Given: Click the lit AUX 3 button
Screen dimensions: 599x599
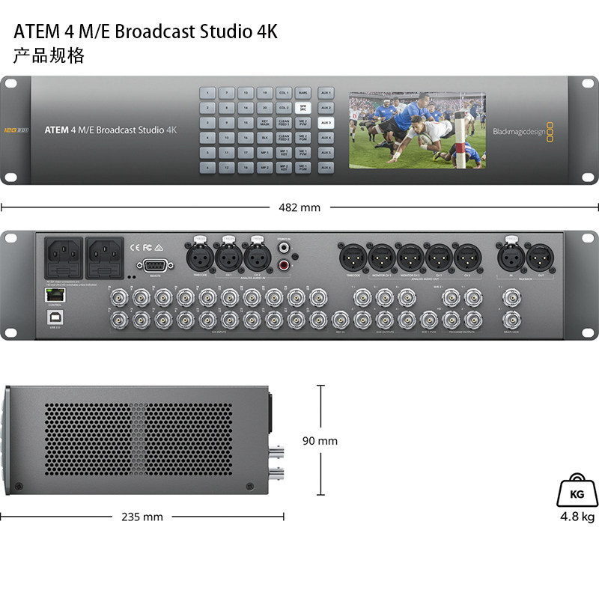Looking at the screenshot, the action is [x=325, y=123].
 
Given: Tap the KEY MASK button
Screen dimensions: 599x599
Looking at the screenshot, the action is [x=264, y=123].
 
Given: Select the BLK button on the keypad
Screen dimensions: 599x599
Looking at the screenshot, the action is [x=264, y=138].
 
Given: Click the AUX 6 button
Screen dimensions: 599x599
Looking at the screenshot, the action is [x=325, y=168].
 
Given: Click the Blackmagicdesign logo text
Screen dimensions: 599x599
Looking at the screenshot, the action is [x=518, y=133].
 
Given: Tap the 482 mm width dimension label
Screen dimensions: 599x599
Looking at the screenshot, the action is [x=299, y=207].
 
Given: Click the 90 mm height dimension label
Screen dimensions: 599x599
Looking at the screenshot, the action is [x=320, y=441].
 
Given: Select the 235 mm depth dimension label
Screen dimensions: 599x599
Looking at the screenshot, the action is [x=142, y=517].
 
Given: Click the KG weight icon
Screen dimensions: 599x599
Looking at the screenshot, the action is [x=577, y=492].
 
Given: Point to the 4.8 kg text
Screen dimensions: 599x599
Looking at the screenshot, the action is [x=577, y=517].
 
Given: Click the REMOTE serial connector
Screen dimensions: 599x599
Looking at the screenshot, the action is [x=156, y=266].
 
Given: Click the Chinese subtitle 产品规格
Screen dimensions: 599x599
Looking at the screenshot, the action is [x=49, y=55].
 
